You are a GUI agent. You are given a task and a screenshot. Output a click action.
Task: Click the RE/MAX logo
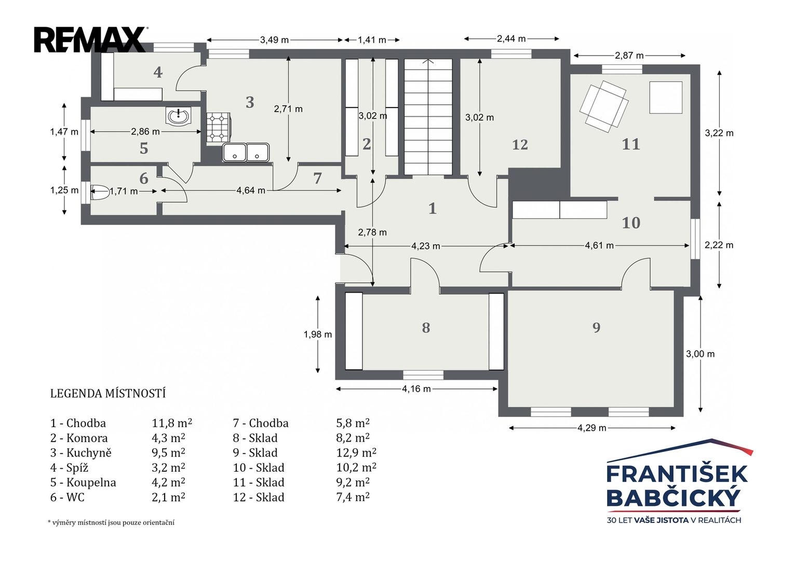91,39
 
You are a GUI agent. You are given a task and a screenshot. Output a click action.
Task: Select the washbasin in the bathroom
178,116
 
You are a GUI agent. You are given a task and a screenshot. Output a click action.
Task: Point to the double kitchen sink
246,152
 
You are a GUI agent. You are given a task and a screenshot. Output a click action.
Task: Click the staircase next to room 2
428,117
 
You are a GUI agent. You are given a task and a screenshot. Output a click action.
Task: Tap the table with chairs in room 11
604,106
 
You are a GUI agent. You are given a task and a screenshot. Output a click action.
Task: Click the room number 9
597,328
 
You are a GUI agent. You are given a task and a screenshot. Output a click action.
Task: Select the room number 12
520,145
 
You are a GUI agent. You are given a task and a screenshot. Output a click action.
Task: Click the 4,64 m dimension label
251,191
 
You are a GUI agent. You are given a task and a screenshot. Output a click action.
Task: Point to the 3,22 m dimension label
719,133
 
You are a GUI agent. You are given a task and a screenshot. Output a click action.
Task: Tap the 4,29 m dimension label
592,428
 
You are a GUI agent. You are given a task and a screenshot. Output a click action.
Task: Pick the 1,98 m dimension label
317,335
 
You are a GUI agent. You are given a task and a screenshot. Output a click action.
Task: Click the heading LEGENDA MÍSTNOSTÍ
108,394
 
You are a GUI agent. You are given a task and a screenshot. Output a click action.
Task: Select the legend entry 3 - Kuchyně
80,452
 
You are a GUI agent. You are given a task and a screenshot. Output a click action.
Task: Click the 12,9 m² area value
356,452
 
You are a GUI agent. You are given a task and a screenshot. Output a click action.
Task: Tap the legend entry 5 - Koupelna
83,483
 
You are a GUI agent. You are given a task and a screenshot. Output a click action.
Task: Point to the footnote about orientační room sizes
111,523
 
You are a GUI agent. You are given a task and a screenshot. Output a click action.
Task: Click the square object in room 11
666,98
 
